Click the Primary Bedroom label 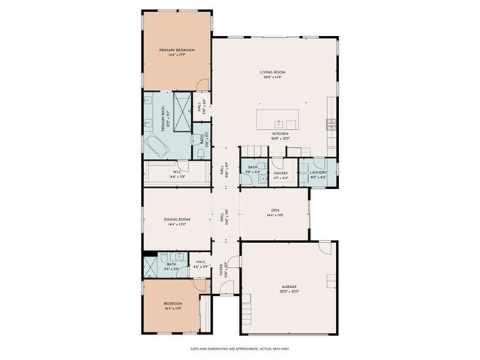(177, 52)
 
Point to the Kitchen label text (280, 135)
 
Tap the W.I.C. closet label (177, 173)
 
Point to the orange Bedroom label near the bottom (172, 305)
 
